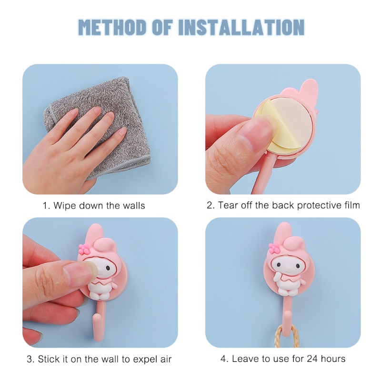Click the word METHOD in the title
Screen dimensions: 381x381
113,27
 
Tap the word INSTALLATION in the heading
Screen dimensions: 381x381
241,27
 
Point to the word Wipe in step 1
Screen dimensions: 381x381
64,206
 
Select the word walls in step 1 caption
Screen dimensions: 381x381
133,206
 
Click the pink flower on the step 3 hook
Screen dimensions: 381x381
84,248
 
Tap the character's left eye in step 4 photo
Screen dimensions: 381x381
279,265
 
